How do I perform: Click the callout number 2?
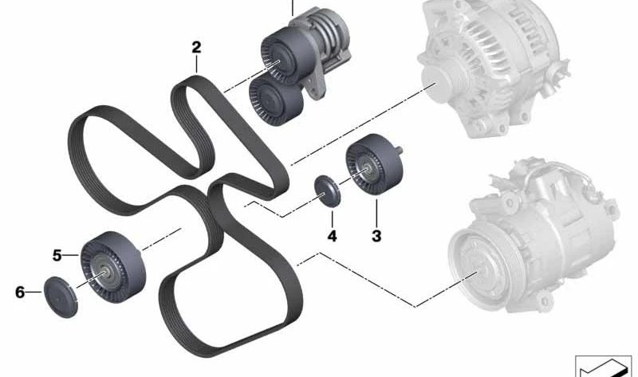tap(196, 48)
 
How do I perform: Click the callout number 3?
tap(376, 236)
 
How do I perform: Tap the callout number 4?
tap(332, 236)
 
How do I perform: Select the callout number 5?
tap(57, 255)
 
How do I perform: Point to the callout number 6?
tap(20, 292)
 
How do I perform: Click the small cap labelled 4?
tap(328, 191)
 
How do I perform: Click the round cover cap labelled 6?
tap(61, 296)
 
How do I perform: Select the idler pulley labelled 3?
tap(373, 164)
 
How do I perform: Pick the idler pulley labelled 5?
tap(112, 267)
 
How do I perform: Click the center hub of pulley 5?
tap(105, 273)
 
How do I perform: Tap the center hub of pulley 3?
tap(366, 169)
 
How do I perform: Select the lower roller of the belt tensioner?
tap(275, 100)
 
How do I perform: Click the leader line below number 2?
tap(196, 65)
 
